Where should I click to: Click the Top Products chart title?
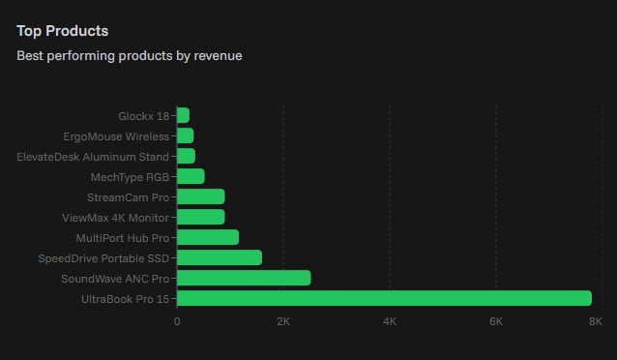[62, 31]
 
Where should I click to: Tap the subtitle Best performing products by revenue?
[129, 55]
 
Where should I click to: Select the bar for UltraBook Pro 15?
[384, 298]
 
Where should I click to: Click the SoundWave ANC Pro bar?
[244, 278]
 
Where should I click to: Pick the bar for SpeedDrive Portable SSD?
[220, 257]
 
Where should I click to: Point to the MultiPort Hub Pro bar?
[208, 237]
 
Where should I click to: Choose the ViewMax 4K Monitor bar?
[201, 217]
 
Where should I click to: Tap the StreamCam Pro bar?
[201, 196]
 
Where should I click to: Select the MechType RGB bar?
[191, 176]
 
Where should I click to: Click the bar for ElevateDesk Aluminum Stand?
[187, 156]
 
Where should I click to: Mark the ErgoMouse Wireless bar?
[186, 135]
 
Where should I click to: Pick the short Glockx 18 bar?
[184, 115]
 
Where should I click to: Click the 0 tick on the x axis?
[177, 321]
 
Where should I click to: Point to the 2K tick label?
[282, 321]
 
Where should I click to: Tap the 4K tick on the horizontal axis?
[390, 321]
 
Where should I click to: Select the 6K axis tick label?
[496, 321]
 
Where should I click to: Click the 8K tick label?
[596, 321]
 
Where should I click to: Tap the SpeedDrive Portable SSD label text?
[103, 258]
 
